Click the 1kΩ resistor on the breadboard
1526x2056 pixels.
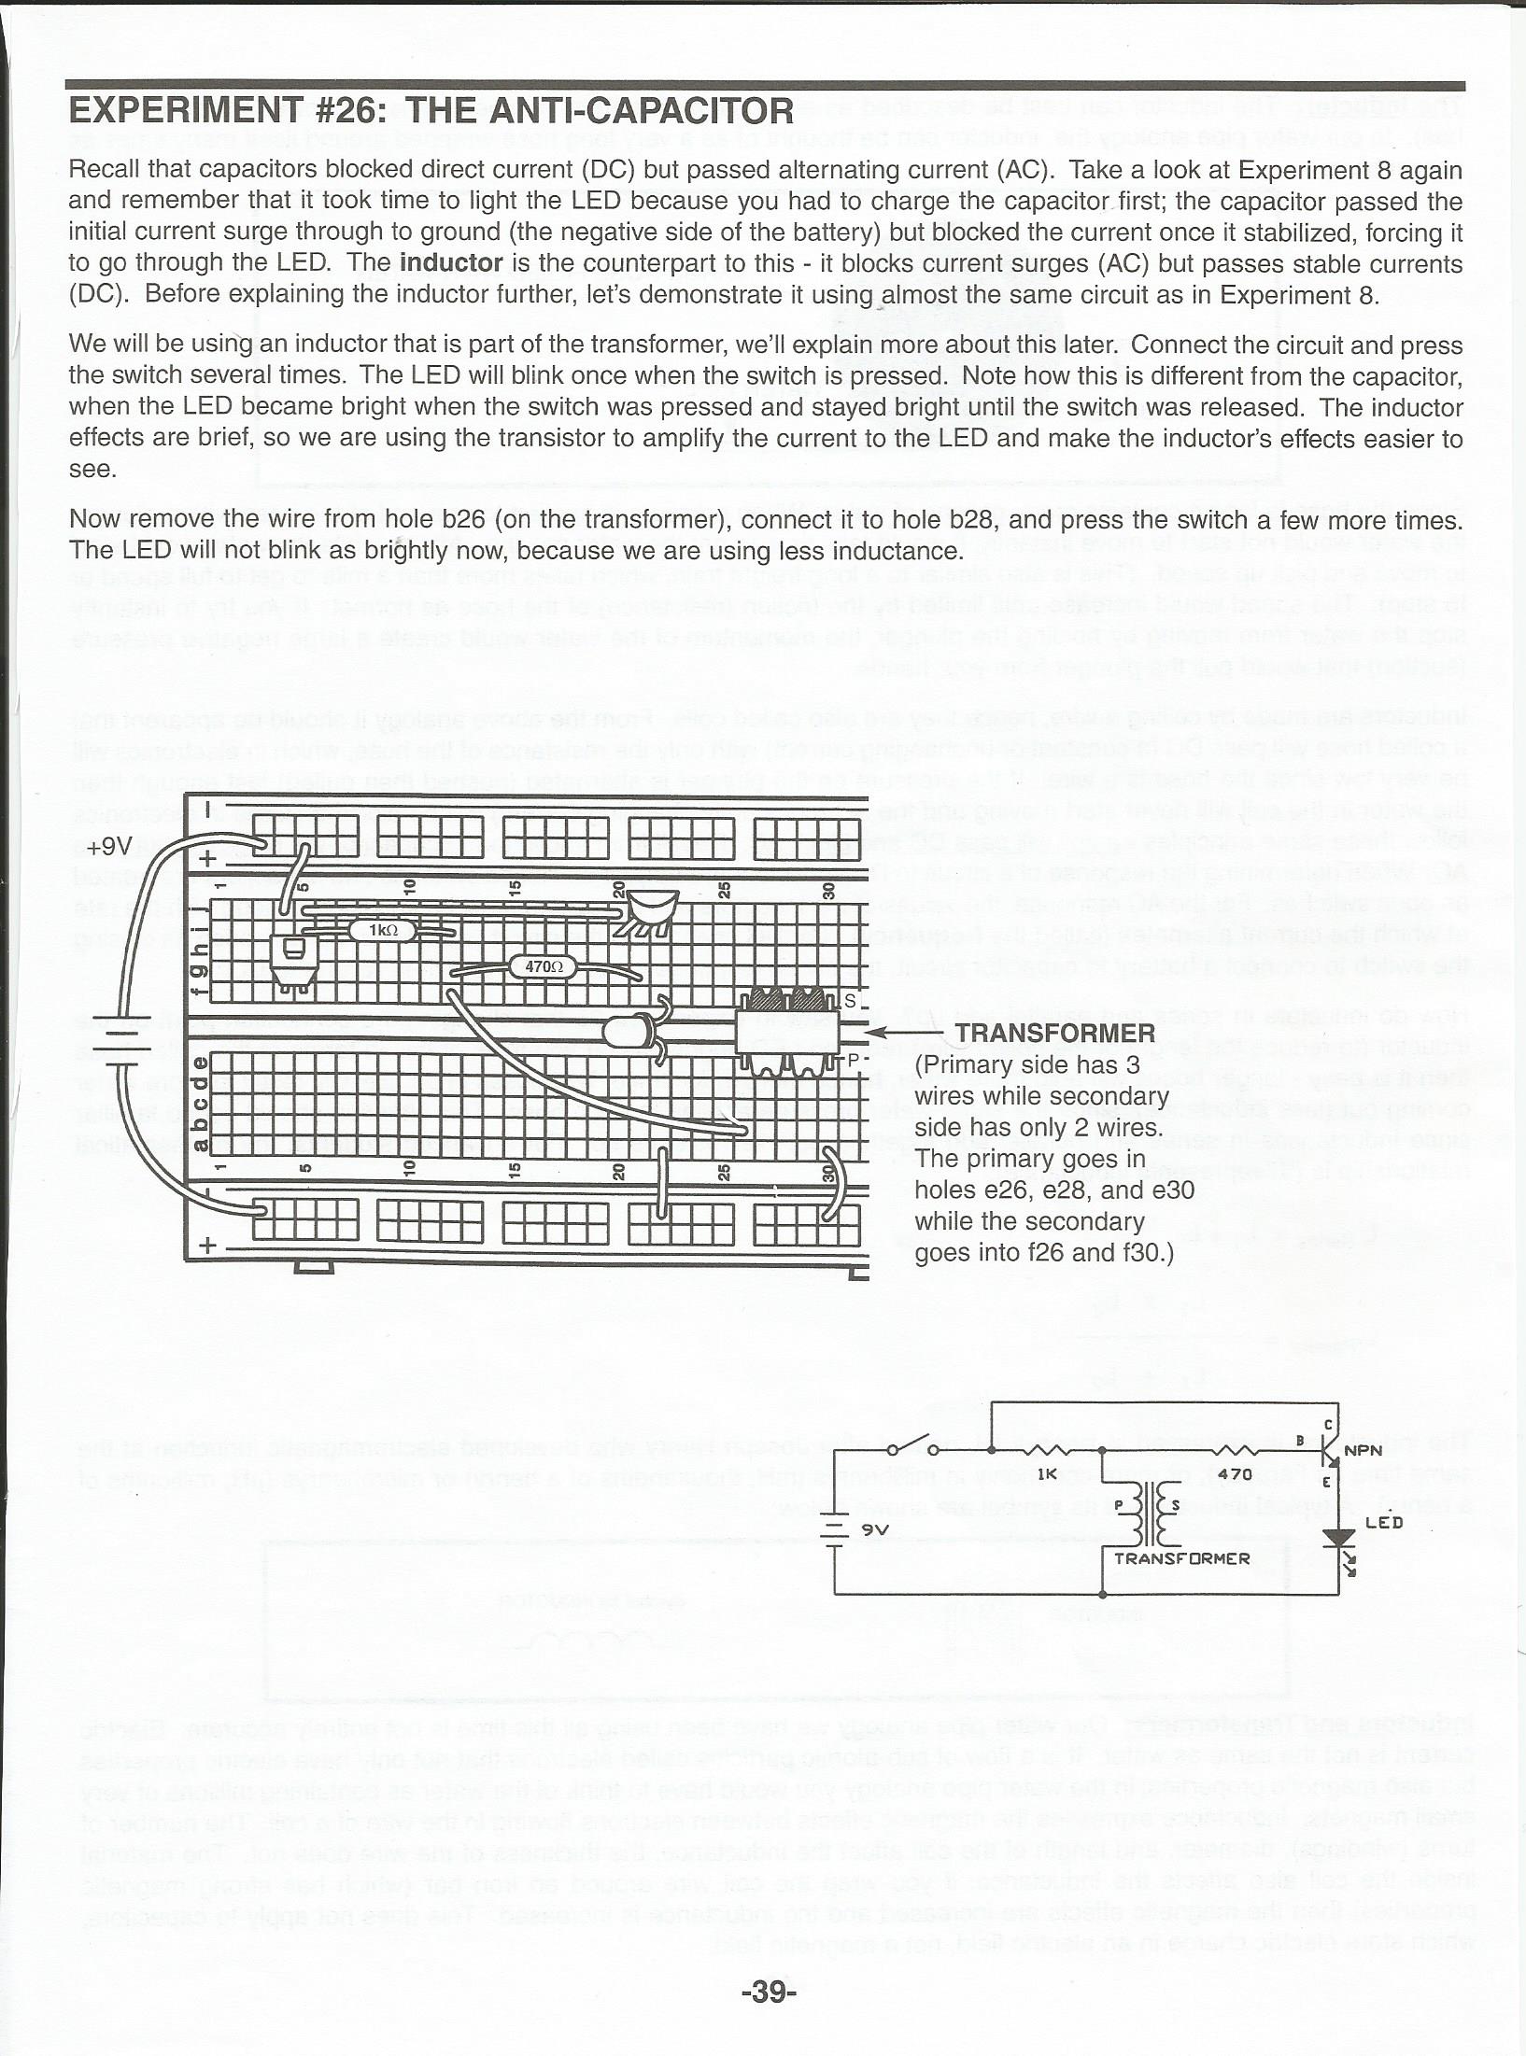click(x=381, y=930)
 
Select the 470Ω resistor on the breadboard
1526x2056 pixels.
click(x=543, y=967)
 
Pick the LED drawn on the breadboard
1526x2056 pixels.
click(x=624, y=1031)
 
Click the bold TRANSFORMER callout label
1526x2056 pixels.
click(x=1055, y=1033)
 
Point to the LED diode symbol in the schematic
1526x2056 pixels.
click(x=1343, y=1537)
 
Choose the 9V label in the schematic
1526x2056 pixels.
click(x=874, y=1529)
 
